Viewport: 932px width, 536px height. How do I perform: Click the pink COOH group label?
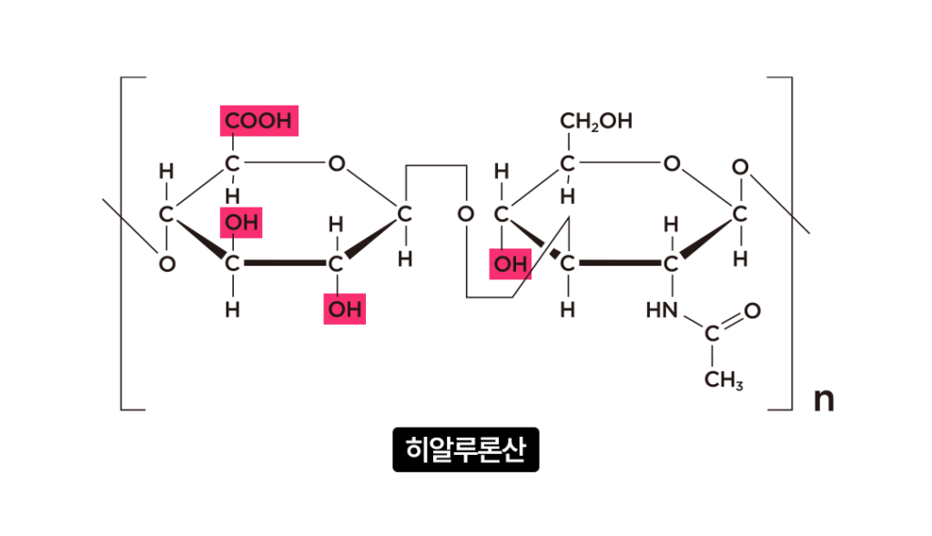click(258, 121)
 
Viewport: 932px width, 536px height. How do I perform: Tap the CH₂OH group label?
click(596, 121)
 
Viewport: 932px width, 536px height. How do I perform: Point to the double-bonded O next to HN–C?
click(752, 311)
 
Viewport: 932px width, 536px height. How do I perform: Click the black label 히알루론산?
click(466, 450)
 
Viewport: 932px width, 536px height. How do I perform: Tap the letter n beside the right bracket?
click(823, 399)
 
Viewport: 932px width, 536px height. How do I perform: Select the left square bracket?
click(127, 243)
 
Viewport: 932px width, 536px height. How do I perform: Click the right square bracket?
click(785, 243)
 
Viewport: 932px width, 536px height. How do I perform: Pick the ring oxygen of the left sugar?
click(337, 165)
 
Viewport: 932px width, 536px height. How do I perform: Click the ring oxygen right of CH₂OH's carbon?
click(672, 165)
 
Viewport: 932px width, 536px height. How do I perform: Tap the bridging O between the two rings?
click(466, 215)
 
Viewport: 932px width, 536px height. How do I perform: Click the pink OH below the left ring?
click(345, 309)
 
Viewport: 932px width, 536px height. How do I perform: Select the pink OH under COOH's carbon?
click(241, 222)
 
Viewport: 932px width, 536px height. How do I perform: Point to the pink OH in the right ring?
click(510, 264)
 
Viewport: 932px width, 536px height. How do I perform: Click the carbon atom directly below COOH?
click(233, 165)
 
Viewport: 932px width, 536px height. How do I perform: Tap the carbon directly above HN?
click(671, 264)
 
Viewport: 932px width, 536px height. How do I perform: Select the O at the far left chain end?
click(166, 264)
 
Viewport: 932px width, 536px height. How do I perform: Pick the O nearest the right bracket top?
click(741, 167)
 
